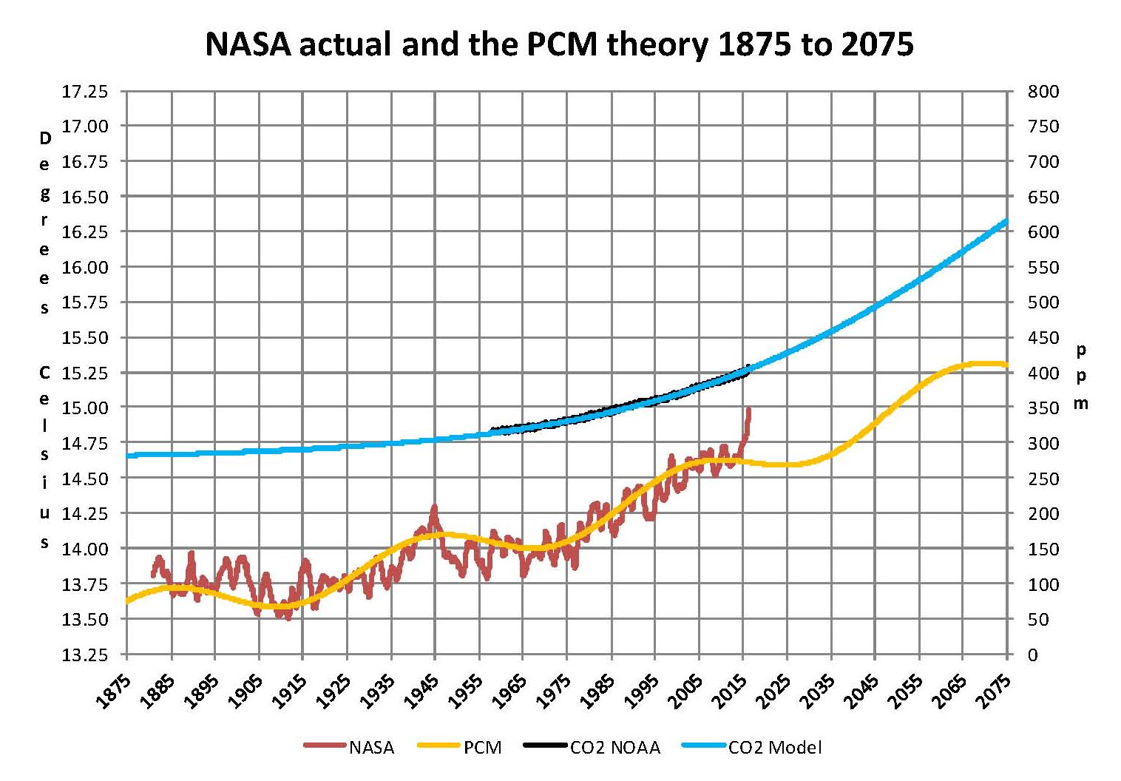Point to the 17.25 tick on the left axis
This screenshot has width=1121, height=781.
(x=84, y=92)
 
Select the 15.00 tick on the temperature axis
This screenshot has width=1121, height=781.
(x=84, y=408)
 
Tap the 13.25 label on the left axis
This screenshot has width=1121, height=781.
(x=84, y=655)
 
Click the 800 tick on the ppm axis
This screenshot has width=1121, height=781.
(x=1043, y=92)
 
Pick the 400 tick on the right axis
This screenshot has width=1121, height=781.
(x=1043, y=373)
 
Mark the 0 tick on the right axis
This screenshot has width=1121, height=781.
(x=1033, y=655)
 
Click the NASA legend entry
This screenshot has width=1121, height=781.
(x=371, y=748)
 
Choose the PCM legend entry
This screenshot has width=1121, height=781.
(x=482, y=748)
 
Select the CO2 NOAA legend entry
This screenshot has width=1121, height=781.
(x=614, y=748)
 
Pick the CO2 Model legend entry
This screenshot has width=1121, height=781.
(x=775, y=748)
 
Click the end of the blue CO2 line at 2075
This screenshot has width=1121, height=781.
(x=1006, y=220)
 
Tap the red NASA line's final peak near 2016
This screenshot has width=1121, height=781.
(x=749, y=409)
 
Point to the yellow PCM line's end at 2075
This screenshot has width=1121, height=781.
(x=1006, y=364)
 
